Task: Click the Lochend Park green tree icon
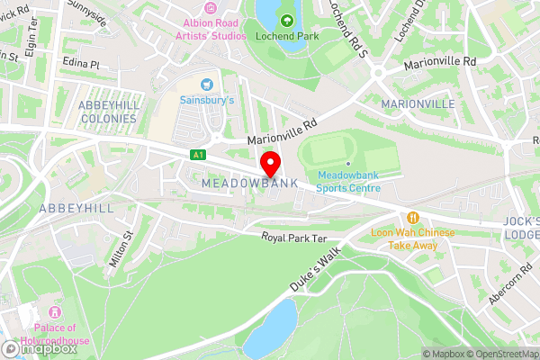pos(287,20)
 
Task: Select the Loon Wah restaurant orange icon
pos(413,217)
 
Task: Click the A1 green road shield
pos(198,155)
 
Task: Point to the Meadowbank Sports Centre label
pos(348,181)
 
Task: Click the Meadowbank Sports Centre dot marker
pos(348,163)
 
